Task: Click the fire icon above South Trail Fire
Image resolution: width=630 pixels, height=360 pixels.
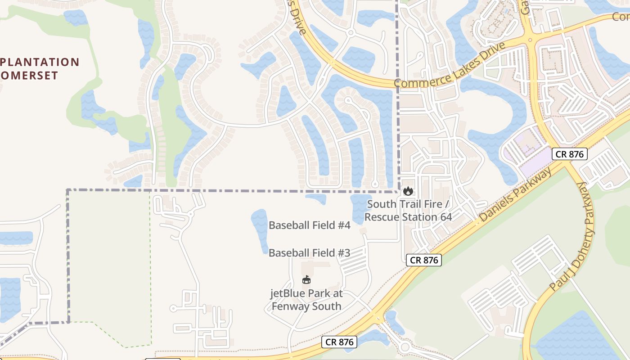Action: (408, 191)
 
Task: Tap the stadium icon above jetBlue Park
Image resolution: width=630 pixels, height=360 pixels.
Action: (306, 280)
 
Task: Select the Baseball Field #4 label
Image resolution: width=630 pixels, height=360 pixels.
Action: (309, 225)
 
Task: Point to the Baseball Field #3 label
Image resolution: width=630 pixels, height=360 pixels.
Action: (309, 253)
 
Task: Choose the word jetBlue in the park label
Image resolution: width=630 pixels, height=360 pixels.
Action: (287, 294)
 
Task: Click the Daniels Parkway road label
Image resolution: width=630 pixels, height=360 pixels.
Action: (516, 195)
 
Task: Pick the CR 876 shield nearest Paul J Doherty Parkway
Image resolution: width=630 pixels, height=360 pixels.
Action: (569, 154)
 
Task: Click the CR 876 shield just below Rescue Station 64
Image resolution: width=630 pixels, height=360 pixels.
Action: (423, 260)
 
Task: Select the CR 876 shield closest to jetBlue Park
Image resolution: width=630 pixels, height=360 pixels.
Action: (340, 342)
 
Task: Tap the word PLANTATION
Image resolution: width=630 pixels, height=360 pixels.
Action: (40, 62)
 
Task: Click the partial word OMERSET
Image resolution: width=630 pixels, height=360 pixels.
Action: (29, 75)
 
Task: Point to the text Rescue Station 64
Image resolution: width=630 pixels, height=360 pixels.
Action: (408, 217)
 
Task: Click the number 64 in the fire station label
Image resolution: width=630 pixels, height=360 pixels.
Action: (445, 217)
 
